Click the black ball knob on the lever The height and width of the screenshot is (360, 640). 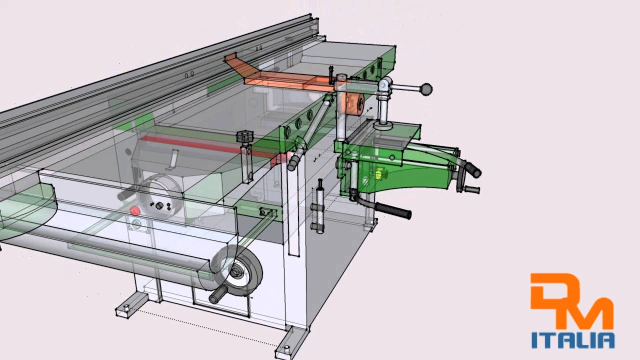426,89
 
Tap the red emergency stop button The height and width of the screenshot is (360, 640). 135,211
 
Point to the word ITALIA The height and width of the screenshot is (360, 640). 573,340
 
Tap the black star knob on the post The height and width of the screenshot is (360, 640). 245,136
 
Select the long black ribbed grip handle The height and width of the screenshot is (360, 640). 393,210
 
